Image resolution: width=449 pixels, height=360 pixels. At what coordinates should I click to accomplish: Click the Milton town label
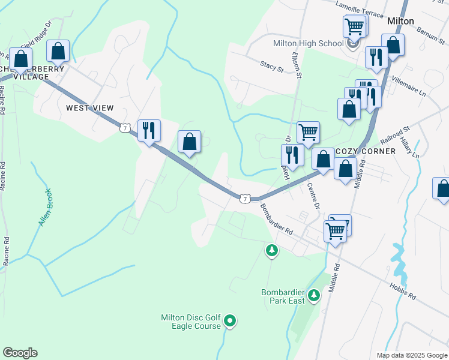point(400,21)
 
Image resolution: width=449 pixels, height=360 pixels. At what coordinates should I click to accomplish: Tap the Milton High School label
point(308,43)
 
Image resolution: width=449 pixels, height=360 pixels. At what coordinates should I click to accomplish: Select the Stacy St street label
point(272,67)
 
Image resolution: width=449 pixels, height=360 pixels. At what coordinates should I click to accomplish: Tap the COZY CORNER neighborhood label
point(366,151)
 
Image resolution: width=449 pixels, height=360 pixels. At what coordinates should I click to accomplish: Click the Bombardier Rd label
point(276,219)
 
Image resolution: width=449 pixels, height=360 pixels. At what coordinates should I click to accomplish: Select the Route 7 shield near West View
point(124,128)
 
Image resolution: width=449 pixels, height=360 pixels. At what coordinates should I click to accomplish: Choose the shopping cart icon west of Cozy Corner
point(308,132)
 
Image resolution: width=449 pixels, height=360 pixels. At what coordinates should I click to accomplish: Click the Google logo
point(20,353)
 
